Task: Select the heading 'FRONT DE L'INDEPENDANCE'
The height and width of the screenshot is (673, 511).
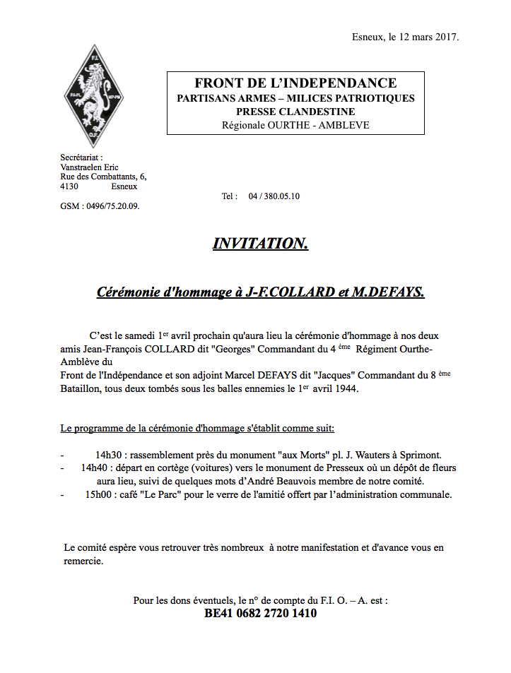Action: click(x=295, y=83)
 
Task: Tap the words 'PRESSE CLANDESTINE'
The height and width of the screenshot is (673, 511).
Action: click(x=295, y=112)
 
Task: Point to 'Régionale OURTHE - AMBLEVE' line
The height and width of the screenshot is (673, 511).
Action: click(x=295, y=126)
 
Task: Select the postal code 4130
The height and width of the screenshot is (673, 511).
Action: click(x=69, y=186)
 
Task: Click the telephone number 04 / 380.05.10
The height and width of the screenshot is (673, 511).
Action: click(x=274, y=196)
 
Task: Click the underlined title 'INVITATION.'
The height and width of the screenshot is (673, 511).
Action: click(x=260, y=244)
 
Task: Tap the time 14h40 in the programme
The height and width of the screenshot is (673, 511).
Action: click(x=93, y=467)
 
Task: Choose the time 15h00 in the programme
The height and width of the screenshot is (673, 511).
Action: click(x=98, y=494)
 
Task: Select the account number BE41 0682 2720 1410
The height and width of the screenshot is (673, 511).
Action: click(x=260, y=614)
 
